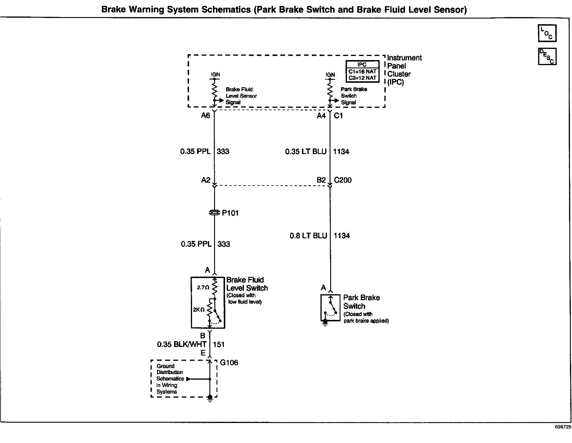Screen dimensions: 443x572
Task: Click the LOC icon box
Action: (x=547, y=33)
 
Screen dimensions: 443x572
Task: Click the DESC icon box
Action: (x=547, y=56)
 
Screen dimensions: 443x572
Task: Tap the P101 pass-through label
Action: (x=230, y=213)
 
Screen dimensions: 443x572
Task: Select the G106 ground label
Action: (x=229, y=363)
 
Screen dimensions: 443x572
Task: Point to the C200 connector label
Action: (x=343, y=180)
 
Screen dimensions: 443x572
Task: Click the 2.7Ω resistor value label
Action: (x=203, y=287)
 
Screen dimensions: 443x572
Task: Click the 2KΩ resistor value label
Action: (x=199, y=310)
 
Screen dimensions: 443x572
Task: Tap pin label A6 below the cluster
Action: (x=205, y=115)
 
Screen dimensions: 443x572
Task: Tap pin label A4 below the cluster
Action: (x=321, y=116)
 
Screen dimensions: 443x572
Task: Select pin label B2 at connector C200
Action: (x=321, y=180)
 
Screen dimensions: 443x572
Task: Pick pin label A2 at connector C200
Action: (x=206, y=180)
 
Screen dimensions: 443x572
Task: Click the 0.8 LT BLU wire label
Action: (x=308, y=236)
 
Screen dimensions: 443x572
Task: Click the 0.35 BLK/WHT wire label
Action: (x=181, y=344)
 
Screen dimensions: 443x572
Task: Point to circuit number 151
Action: (x=219, y=344)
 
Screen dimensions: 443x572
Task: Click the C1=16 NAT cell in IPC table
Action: (x=362, y=72)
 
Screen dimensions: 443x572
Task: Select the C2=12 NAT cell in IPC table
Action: (x=362, y=78)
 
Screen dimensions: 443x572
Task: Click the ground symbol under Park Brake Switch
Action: (x=325, y=323)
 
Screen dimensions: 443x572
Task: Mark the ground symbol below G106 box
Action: (x=210, y=399)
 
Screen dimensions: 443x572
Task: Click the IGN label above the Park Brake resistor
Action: (x=330, y=75)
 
